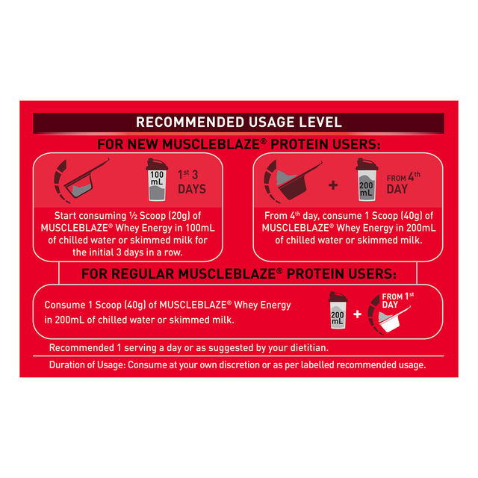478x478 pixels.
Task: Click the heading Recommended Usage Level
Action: [x=239, y=122]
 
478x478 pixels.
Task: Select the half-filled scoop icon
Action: [x=81, y=181]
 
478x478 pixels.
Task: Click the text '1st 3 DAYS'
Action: [x=192, y=182]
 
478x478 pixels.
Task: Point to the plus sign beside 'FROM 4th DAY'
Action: [x=333, y=185]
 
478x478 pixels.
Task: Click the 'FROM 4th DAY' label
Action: [x=403, y=183]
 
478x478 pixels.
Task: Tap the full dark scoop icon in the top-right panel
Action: [x=292, y=181]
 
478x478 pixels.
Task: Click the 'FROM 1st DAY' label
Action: [x=398, y=300]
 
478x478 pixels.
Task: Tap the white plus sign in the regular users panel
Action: [x=357, y=314]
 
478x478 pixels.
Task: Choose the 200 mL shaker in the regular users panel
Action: [x=338, y=311]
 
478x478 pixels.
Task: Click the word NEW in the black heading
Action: [x=143, y=144]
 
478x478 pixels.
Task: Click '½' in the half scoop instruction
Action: [x=133, y=216]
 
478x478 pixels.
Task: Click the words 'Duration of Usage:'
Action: [x=87, y=365]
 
